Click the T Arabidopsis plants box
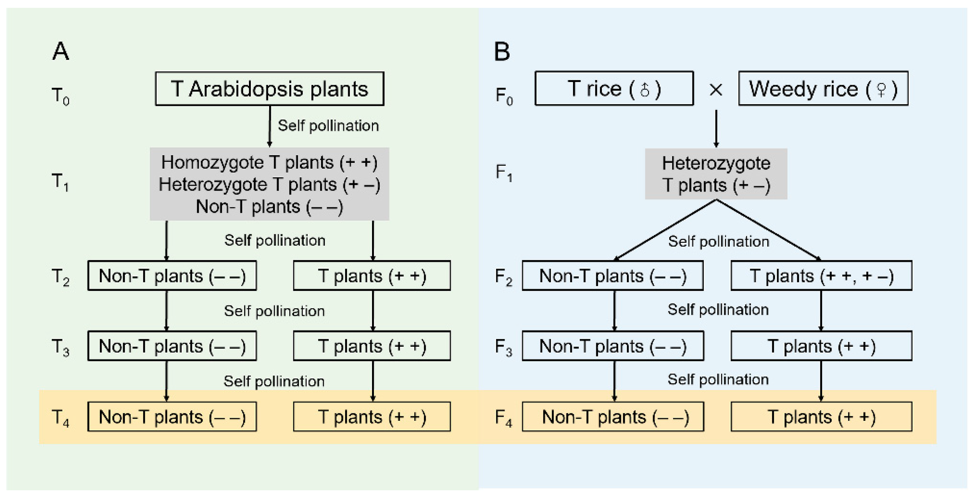pos(269,89)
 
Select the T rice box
pos(614,89)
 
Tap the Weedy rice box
pos(823,89)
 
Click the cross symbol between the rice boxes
pos(716,90)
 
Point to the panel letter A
pos(60,51)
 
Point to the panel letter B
pos(502,51)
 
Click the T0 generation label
pos(60,96)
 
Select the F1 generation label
pos(504,173)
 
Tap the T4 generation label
pos(60,418)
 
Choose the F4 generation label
pos(504,418)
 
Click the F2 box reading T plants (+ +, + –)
pos(821,275)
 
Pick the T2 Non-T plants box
pos(172,275)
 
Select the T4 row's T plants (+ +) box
pos(372,417)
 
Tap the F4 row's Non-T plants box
pos(613,417)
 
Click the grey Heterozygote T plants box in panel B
pos(716,174)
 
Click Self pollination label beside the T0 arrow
pos(328,126)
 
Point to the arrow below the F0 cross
pos(716,129)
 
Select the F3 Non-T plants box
pos(613,346)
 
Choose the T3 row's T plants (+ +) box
pos(372,346)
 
